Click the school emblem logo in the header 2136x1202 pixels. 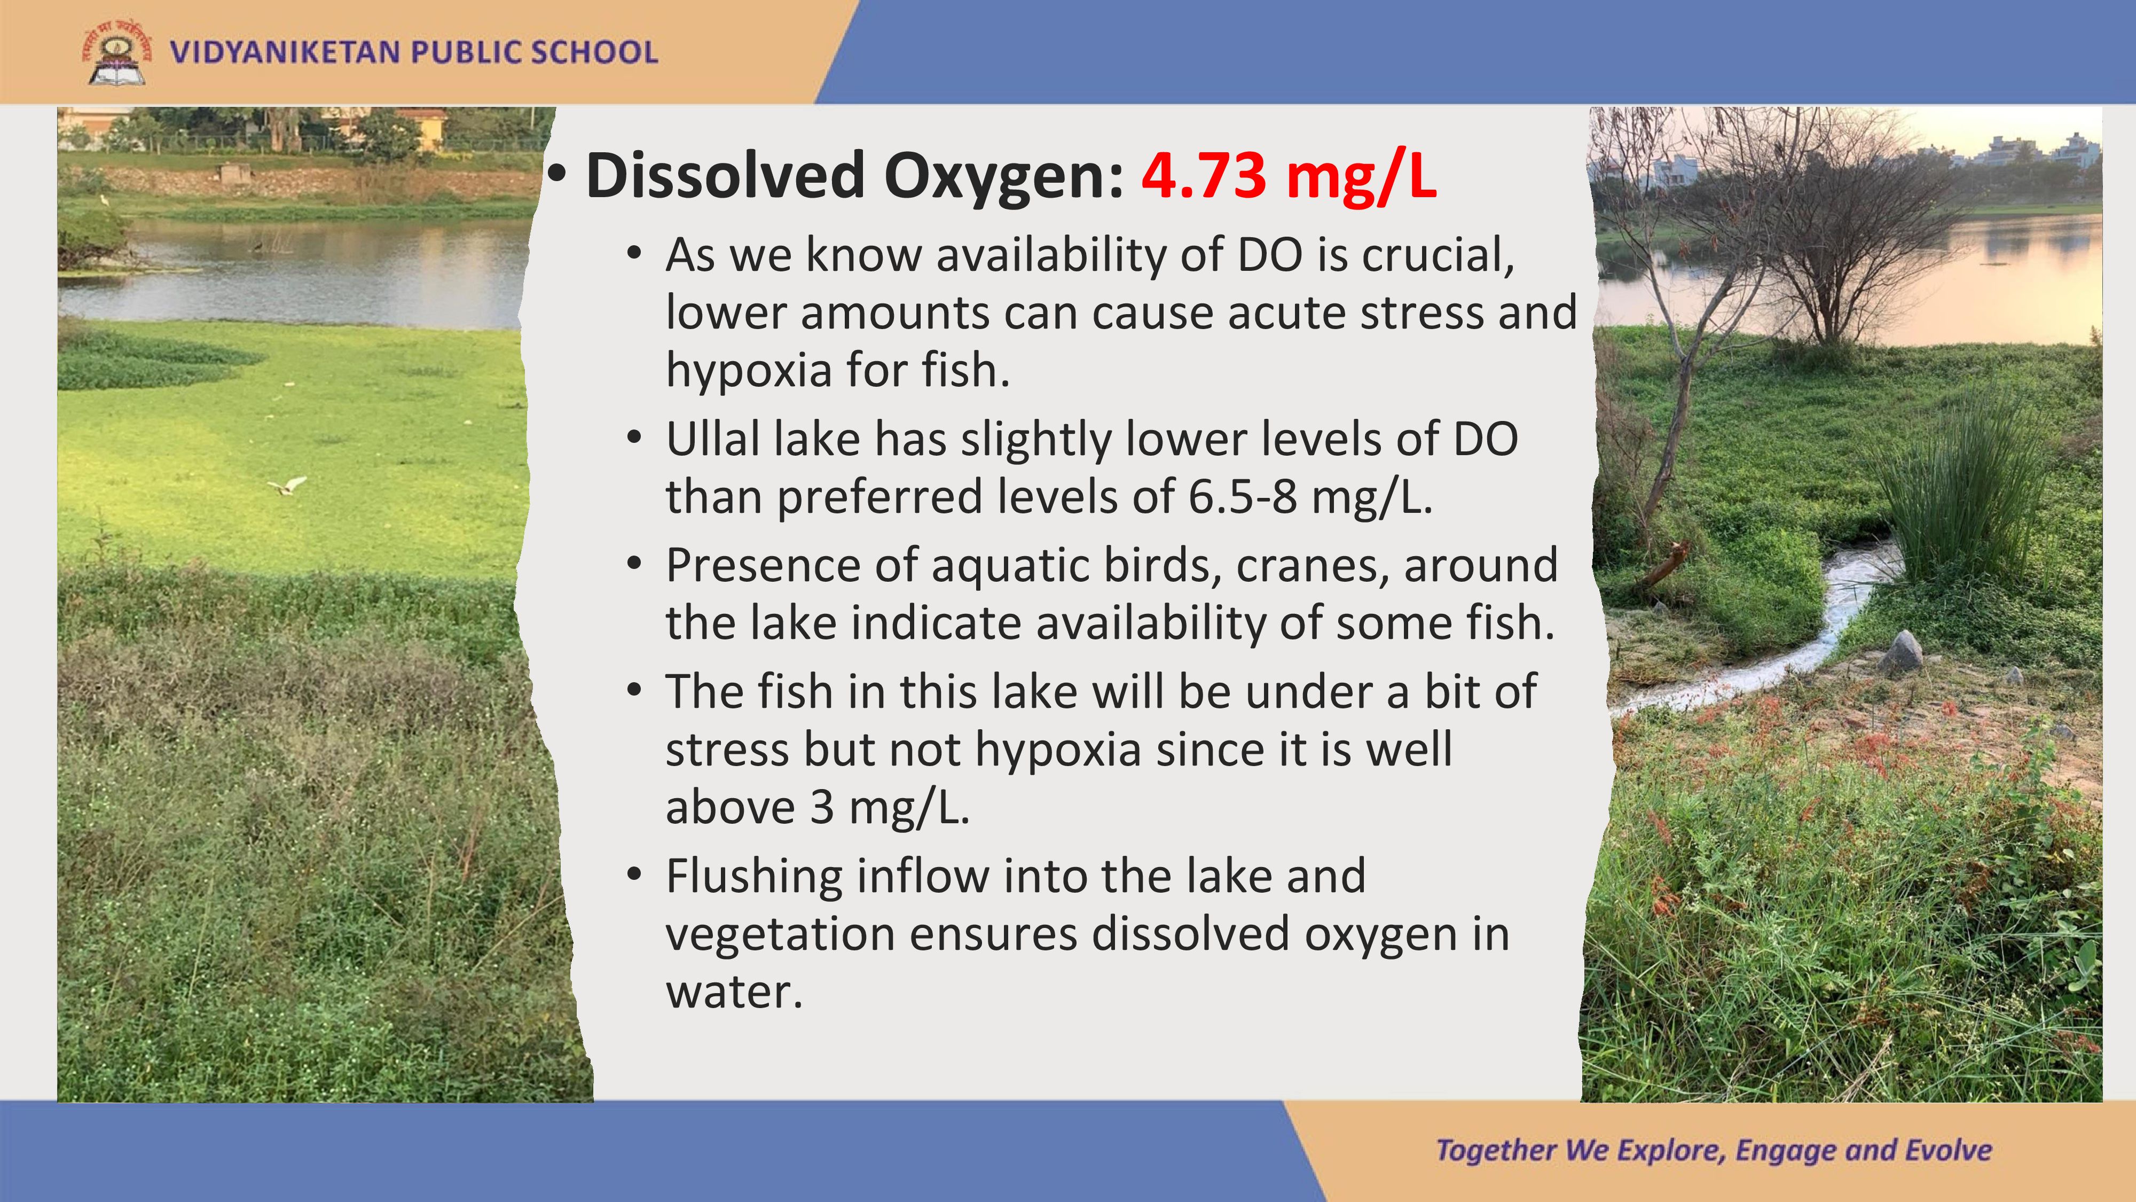point(117,51)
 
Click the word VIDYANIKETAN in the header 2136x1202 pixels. point(285,52)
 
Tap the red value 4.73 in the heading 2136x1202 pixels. point(1203,176)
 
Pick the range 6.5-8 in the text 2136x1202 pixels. point(1242,497)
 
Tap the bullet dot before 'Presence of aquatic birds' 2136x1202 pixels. point(635,563)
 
